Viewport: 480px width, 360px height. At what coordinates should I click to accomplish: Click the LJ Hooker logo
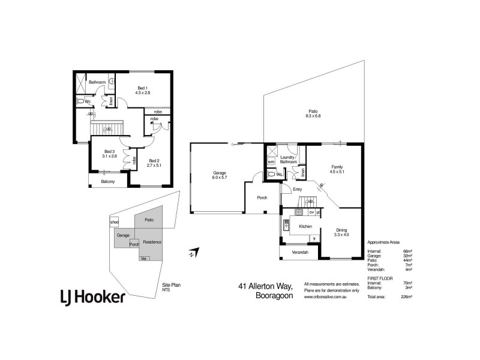(92, 296)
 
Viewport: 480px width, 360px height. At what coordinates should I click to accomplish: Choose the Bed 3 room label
(109, 154)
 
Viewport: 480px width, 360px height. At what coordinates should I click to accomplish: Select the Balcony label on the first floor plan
(108, 181)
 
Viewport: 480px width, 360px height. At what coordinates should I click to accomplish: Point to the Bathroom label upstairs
(97, 82)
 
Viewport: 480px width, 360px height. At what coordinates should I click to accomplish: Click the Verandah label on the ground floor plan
(300, 253)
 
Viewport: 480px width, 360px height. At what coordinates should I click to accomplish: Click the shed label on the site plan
(115, 222)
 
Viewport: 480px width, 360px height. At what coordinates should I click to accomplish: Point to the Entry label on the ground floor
(297, 190)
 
